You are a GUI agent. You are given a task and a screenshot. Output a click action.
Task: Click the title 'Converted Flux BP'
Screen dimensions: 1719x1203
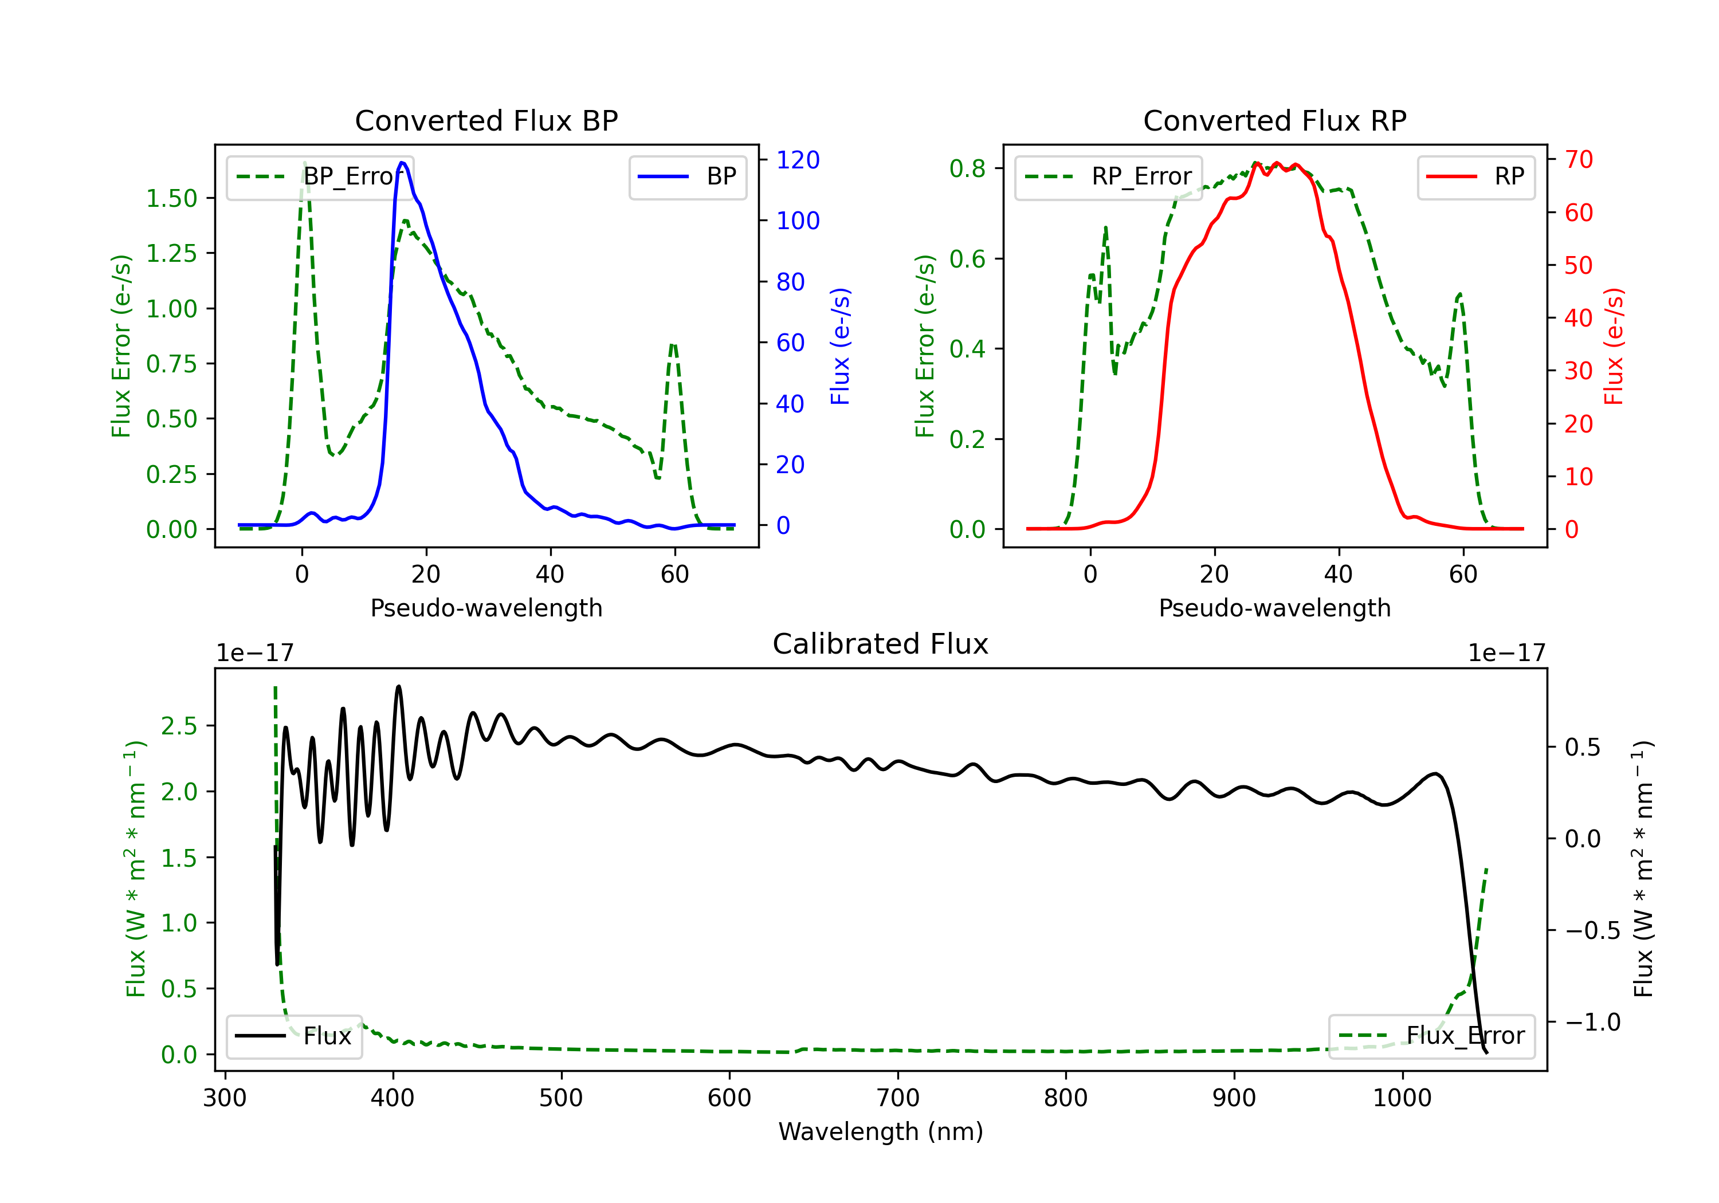(x=486, y=120)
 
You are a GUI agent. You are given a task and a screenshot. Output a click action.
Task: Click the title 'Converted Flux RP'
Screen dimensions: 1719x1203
(x=1275, y=120)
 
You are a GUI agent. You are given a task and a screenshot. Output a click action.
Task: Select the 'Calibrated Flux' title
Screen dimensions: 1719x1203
(x=881, y=644)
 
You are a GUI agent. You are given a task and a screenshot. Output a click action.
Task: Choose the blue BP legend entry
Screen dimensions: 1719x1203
(x=687, y=176)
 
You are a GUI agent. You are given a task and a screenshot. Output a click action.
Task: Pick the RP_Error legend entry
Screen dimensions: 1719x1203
(x=1108, y=176)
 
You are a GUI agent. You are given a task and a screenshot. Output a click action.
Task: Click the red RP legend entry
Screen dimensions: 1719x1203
(x=1475, y=176)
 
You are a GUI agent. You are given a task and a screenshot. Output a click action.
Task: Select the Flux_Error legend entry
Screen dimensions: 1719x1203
(x=1431, y=1036)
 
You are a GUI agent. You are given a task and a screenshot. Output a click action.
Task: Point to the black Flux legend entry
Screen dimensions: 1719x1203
(x=293, y=1036)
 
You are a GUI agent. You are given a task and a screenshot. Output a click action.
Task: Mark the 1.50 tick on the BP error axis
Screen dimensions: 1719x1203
(x=171, y=198)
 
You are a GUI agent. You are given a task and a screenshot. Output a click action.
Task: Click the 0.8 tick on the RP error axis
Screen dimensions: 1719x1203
(x=967, y=168)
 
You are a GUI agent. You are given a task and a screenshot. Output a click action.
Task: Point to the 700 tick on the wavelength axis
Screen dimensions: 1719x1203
(x=898, y=1098)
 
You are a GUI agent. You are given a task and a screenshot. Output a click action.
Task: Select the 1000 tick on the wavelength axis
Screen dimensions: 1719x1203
(x=1402, y=1098)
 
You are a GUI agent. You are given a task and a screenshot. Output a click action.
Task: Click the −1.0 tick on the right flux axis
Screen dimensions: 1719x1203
(x=1592, y=1022)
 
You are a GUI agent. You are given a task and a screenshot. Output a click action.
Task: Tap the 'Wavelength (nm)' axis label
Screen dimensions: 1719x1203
(x=881, y=1131)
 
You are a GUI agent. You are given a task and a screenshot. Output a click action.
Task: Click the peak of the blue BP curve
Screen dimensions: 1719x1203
(x=402, y=163)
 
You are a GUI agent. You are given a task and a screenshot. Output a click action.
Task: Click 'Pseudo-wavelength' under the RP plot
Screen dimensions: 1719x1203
(x=1275, y=608)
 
